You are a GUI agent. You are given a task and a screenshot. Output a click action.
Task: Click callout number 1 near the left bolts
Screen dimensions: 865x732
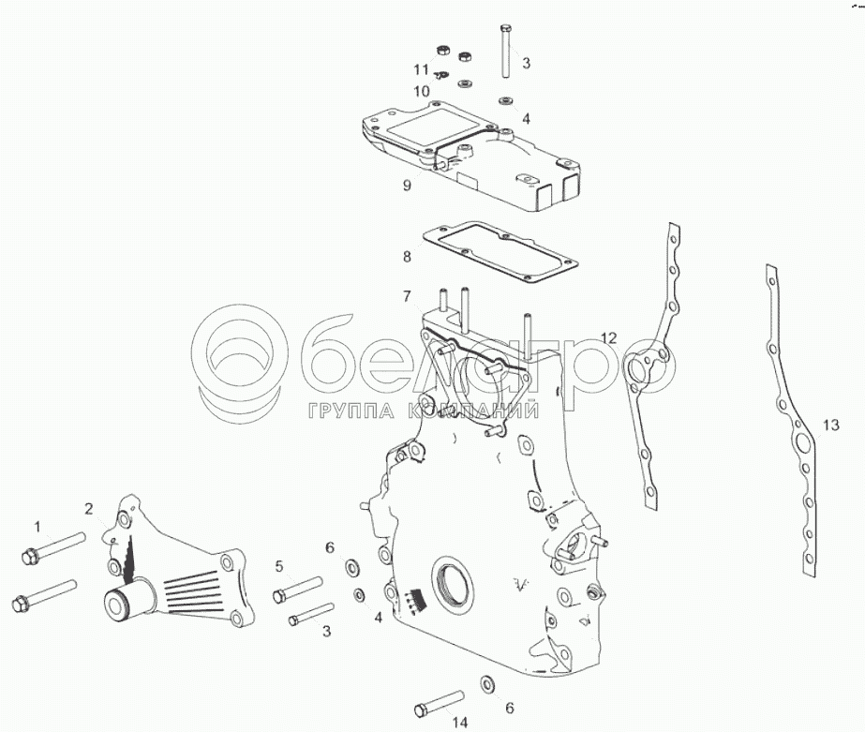(x=37, y=527)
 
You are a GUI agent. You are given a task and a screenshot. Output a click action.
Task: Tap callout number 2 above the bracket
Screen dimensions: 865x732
(x=89, y=509)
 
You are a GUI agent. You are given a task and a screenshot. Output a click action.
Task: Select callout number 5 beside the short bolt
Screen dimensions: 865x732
(x=279, y=566)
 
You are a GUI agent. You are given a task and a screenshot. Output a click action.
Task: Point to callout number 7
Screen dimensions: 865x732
(x=407, y=297)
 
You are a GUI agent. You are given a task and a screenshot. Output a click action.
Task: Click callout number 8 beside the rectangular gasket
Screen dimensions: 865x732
(x=407, y=257)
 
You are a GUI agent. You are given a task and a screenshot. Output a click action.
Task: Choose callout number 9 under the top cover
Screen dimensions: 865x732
(x=407, y=186)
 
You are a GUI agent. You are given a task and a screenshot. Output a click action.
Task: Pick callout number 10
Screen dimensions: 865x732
(x=422, y=91)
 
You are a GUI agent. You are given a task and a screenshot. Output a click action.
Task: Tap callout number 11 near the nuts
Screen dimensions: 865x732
(x=421, y=69)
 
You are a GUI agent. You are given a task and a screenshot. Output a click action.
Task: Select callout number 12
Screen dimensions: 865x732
(x=609, y=337)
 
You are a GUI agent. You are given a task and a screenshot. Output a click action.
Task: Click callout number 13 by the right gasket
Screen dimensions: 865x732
(x=831, y=426)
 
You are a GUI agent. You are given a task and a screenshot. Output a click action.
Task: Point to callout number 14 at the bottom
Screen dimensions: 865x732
(x=460, y=722)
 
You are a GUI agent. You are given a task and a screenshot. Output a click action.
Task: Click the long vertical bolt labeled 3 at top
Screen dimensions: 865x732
(x=506, y=51)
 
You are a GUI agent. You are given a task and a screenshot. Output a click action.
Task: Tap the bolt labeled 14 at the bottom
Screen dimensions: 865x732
(x=440, y=701)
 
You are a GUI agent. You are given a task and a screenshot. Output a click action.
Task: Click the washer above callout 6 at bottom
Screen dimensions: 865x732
(x=487, y=683)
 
